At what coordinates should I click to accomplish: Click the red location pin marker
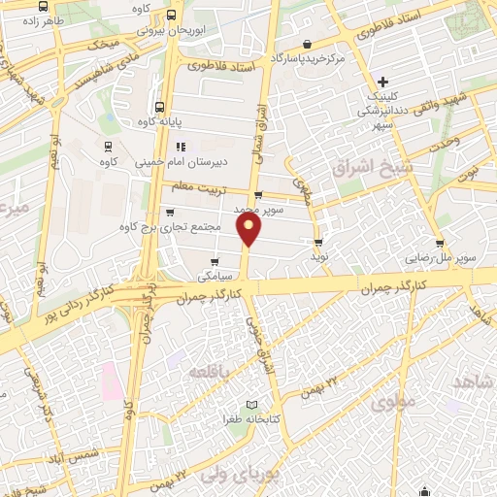[x=250, y=231]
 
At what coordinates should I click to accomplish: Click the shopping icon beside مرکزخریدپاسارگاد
[x=307, y=44]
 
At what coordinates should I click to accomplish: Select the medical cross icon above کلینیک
[x=384, y=82]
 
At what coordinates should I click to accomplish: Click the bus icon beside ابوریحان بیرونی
[x=172, y=16]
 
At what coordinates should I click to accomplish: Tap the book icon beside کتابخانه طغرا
[x=252, y=404]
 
